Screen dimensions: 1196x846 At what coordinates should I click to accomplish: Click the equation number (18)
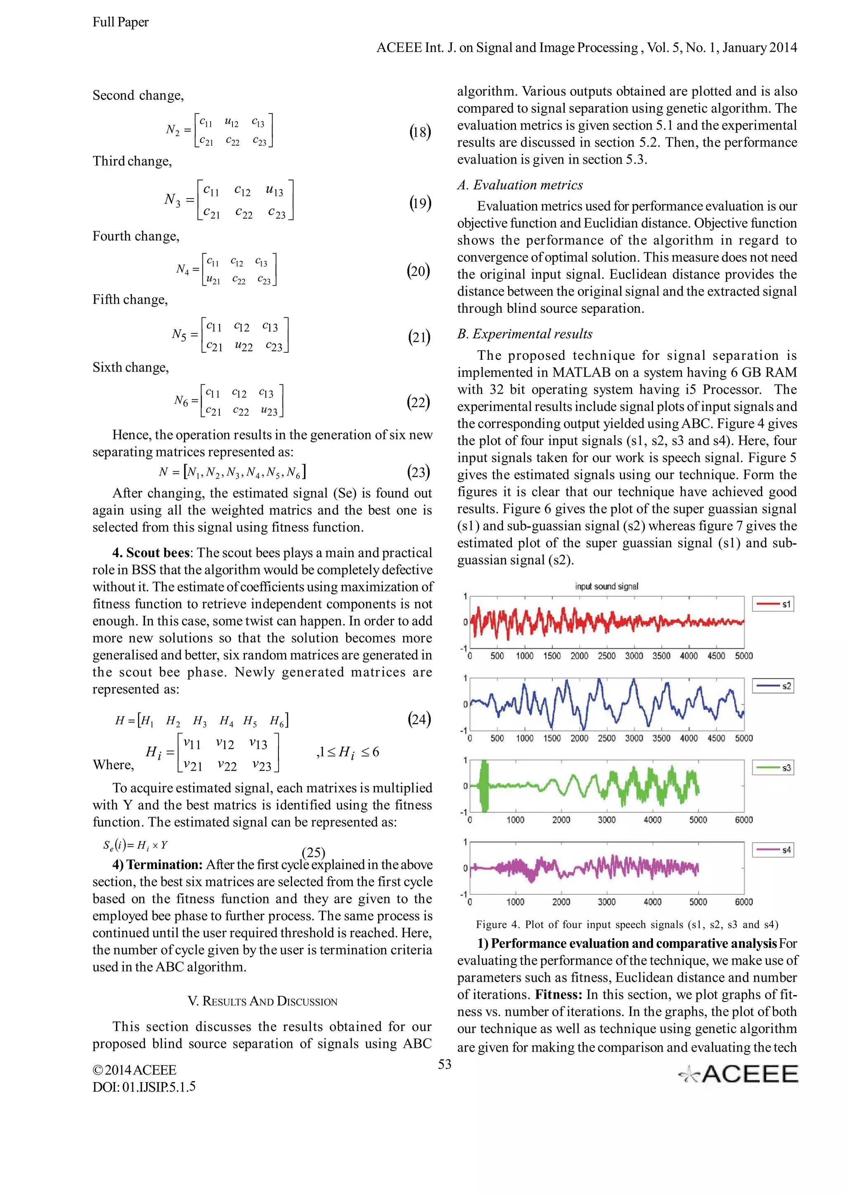(420, 132)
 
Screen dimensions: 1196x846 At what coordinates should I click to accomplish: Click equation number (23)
(418, 472)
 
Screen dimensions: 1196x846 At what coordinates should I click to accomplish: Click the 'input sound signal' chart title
(606, 586)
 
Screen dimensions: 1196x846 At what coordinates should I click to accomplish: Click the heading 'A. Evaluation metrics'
(520, 185)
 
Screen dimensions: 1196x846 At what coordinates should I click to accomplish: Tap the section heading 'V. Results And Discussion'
(262, 1001)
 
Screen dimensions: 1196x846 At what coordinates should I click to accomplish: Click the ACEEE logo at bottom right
(739, 1074)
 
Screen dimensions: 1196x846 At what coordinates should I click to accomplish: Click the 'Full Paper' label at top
(120, 22)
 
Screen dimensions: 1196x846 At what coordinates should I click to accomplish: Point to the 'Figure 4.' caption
(627, 924)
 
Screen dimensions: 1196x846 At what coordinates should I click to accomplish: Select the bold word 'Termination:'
(164, 865)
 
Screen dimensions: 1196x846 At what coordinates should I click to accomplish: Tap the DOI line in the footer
(144, 1087)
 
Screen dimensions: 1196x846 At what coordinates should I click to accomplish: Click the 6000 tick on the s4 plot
(743, 902)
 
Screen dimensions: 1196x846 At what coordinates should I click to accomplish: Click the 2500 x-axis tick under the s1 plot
(606, 656)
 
